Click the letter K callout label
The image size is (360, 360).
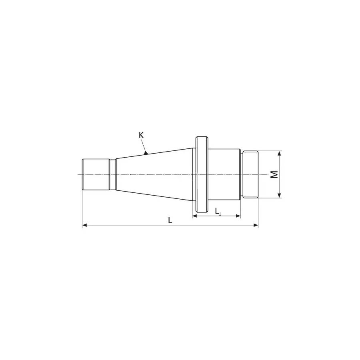click(141, 135)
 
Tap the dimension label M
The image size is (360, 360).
click(274, 174)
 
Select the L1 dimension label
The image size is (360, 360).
click(218, 211)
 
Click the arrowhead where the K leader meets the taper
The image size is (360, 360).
click(146, 152)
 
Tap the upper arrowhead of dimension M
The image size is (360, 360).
click(280, 153)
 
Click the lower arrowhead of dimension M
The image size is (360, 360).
click(280, 195)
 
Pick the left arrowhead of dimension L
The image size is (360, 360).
click(85, 225)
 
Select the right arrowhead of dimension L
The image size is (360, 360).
click(256, 225)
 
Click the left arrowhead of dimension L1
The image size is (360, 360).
click(195, 216)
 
